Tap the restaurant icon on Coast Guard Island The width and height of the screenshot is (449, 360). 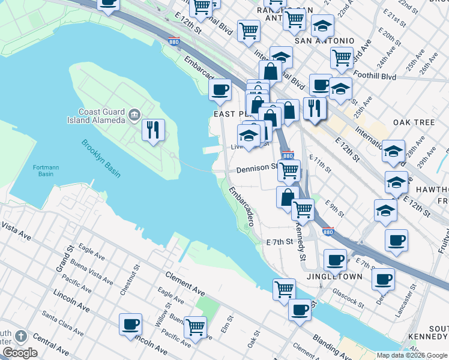click(153, 130)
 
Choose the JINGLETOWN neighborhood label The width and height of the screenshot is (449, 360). click(334, 277)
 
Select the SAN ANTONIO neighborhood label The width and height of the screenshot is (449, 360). click(324, 41)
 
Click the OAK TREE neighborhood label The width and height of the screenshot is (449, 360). click(414, 122)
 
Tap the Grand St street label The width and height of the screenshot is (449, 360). click(61, 257)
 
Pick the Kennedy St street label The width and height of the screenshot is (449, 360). click(300, 239)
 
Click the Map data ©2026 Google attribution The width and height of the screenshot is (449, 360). click(412, 355)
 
